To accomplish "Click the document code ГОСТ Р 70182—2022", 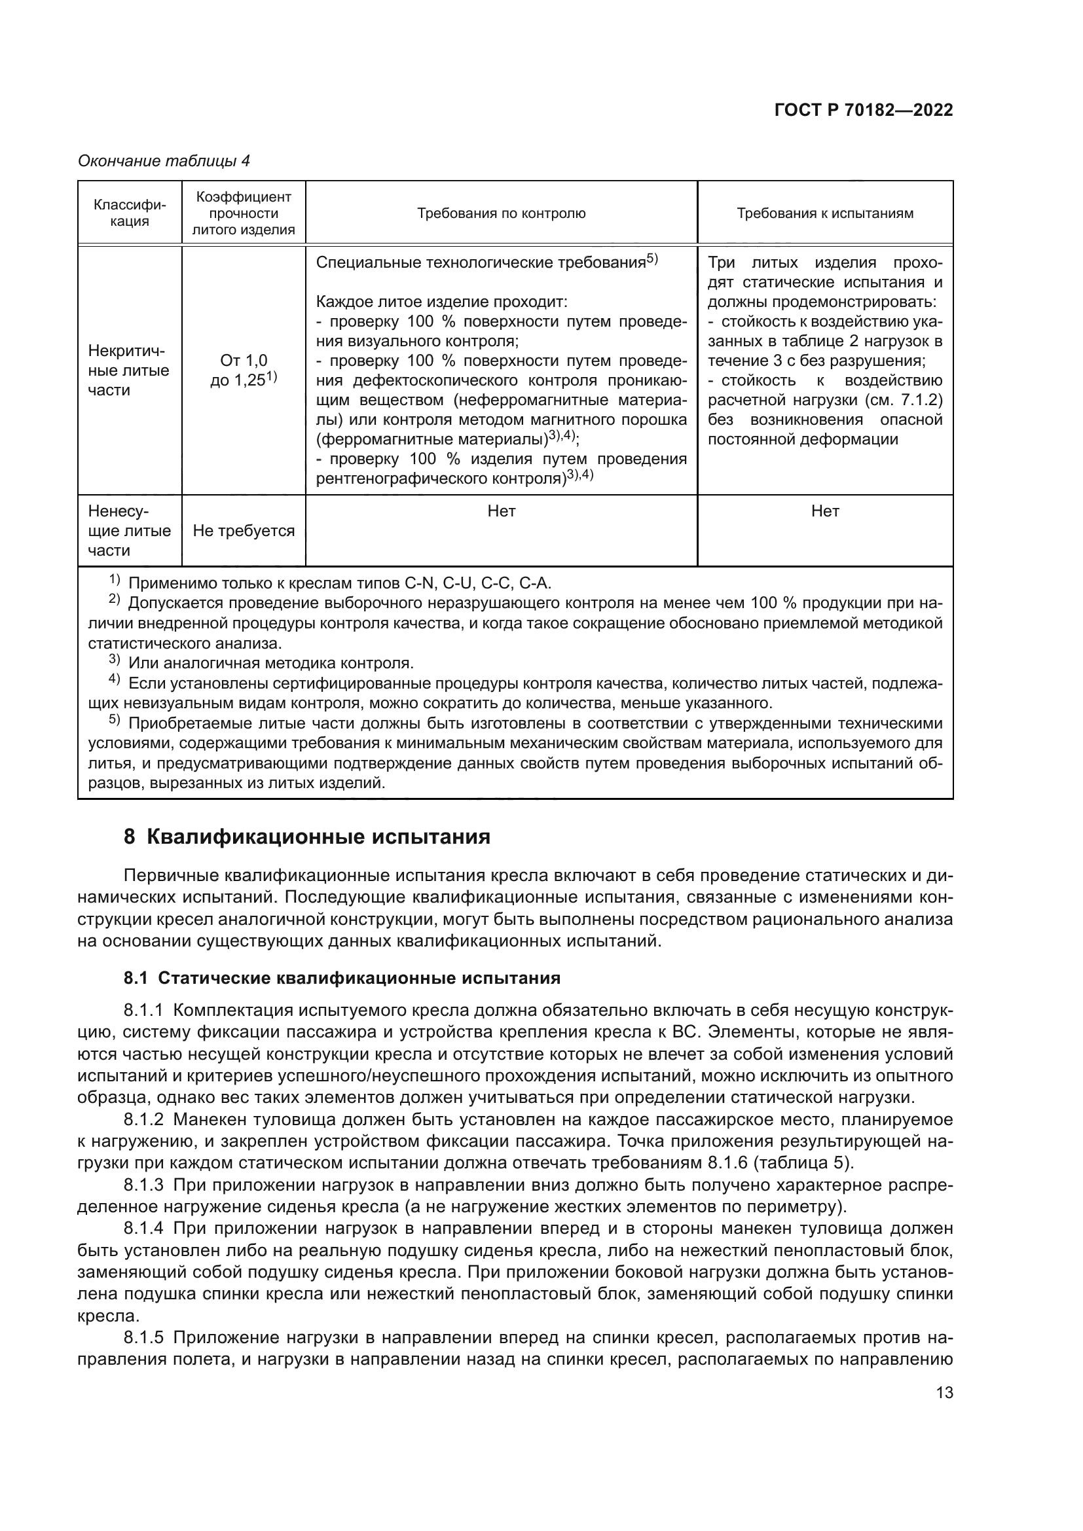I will tap(863, 111).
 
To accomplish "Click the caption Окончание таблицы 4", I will tap(164, 161).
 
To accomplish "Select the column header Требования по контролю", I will tap(501, 213).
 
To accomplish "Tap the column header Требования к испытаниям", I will tap(824, 213).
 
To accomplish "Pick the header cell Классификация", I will tap(130, 213).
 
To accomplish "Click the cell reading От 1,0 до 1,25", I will tap(244, 371).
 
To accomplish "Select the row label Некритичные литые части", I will tap(129, 370).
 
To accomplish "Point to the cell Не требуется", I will tap(244, 531).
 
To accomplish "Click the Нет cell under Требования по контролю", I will tap(501, 511).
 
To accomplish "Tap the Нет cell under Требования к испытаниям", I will tap(825, 511).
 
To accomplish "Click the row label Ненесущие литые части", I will tap(129, 531).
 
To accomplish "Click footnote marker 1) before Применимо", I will tap(114, 580).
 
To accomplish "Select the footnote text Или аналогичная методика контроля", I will tap(271, 664).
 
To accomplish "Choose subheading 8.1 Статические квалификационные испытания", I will tap(341, 978).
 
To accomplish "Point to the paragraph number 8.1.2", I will tap(143, 1119).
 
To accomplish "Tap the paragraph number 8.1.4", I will tap(143, 1228).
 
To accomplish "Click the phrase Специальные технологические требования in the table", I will tap(480, 262).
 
